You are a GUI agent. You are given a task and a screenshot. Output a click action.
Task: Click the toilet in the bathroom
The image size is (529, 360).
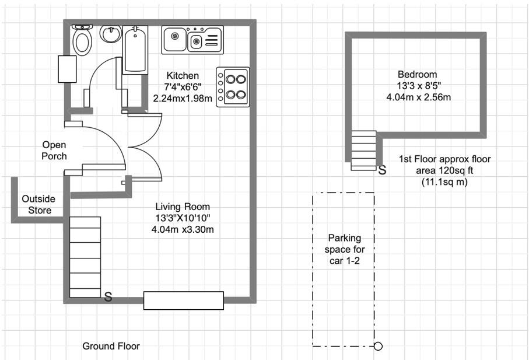click(82, 40)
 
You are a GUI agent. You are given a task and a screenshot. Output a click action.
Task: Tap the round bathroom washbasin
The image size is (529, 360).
click(110, 34)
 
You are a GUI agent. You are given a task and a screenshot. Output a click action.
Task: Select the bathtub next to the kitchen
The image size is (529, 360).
click(135, 50)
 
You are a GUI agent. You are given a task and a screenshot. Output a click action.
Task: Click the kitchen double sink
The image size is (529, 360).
click(192, 40)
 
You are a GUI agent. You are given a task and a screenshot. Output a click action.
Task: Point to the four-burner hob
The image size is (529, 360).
click(233, 86)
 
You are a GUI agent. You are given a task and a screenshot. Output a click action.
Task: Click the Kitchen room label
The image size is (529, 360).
click(183, 76)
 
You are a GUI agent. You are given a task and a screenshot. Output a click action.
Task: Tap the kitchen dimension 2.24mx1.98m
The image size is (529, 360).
click(183, 99)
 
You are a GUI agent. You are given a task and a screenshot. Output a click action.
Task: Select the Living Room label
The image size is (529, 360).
click(183, 207)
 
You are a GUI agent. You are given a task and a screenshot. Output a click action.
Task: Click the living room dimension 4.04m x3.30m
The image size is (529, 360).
click(183, 229)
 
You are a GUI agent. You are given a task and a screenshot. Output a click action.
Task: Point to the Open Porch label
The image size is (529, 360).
click(54, 151)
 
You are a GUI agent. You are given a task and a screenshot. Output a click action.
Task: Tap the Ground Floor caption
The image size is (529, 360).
click(111, 346)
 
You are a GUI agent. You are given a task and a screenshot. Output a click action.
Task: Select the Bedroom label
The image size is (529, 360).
click(417, 74)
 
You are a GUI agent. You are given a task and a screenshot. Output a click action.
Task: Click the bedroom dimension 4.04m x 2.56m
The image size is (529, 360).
click(418, 97)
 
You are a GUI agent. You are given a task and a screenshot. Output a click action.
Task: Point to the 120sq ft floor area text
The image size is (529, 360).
click(445, 170)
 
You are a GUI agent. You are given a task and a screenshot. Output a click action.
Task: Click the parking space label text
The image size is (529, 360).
click(344, 249)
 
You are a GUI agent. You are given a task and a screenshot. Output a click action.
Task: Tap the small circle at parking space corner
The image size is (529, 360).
click(378, 347)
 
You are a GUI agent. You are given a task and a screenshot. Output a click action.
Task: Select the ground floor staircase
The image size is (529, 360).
click(85, 257)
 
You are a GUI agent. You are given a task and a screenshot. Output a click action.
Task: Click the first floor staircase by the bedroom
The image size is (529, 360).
click(364, 150)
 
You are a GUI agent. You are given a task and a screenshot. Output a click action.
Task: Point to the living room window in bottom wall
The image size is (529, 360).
click(184, 300)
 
